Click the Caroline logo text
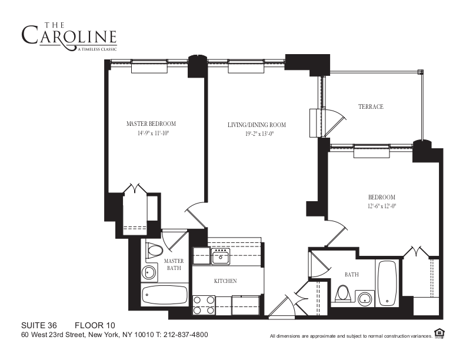[x=69, y=35]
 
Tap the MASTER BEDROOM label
[x=151, y=124]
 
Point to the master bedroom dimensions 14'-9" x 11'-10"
[x=151, y=134]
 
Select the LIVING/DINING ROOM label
[x=257, y=125]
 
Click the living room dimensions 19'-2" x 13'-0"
[x=257, y=134]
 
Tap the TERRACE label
[x=371, y=106]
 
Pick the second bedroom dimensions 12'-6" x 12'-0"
[x=382, y=206]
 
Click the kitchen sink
[x=221, y=256]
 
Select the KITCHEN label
[x=225, y=281]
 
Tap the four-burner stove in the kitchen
[x=204, y=305]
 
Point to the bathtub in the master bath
[x=165, y=294]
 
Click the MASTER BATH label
[x=174, y=265]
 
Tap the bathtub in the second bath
[x=388, y=282]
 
